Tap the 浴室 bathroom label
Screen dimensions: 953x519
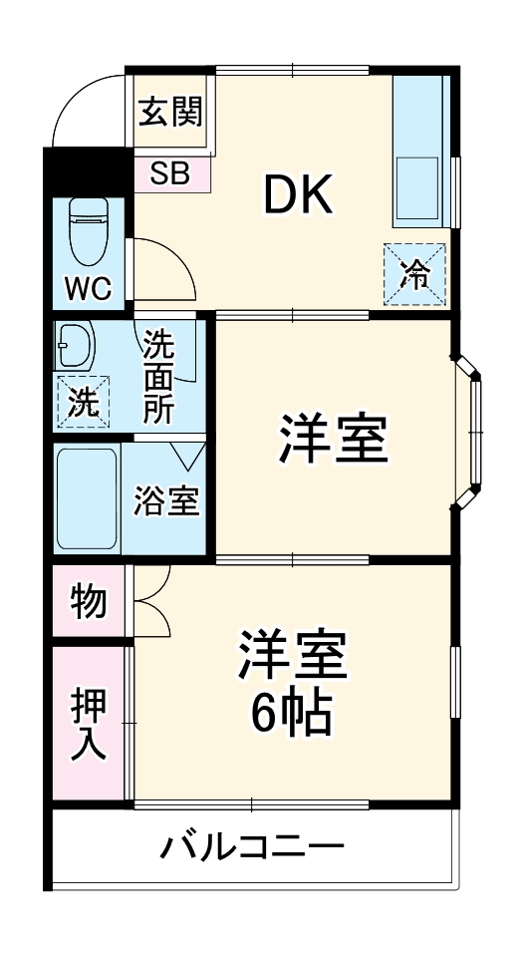click(166, 501)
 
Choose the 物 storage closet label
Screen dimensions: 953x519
click(88, 601)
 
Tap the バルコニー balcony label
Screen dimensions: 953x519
click(253, 850)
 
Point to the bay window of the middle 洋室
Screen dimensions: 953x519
click(471, 437)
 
